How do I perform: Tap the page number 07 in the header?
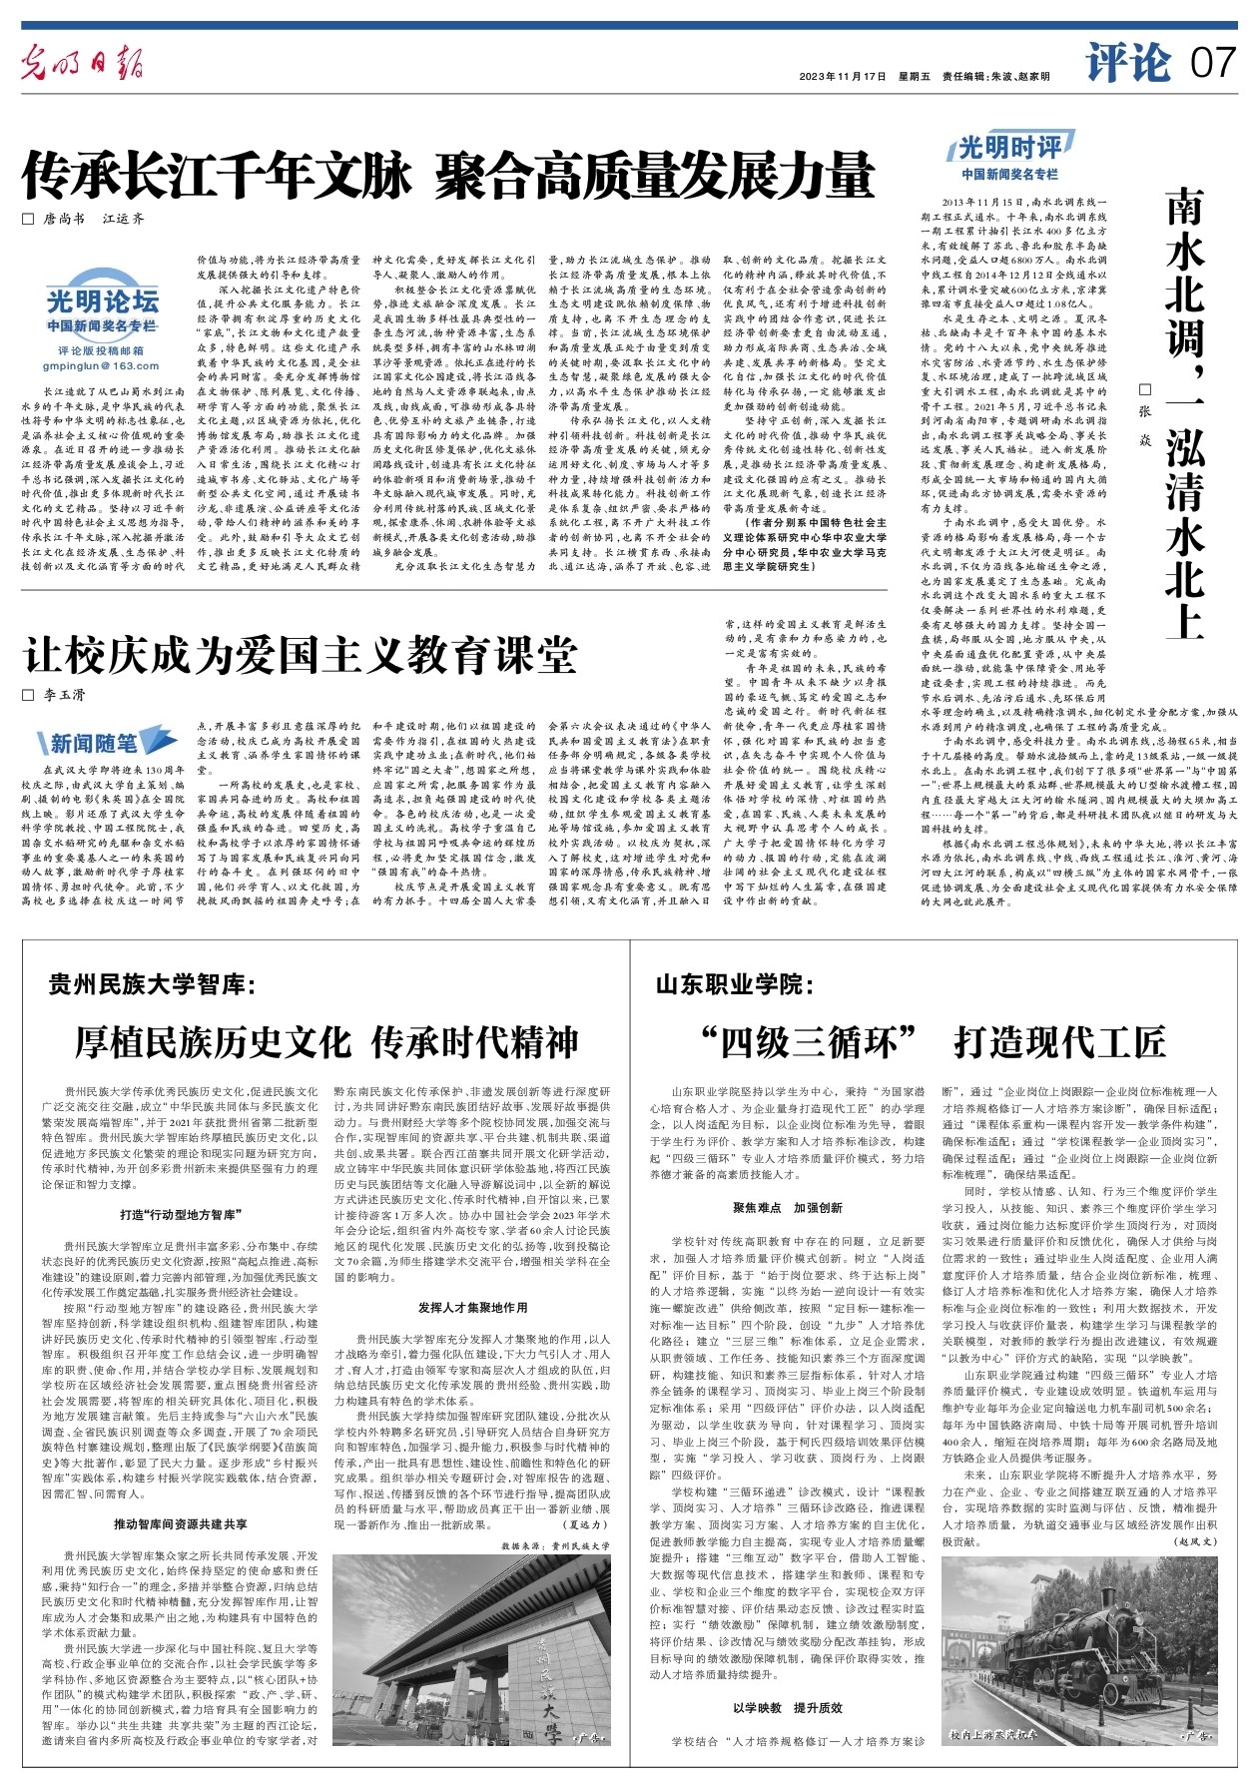tap(1212, 64)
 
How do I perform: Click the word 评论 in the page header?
tap(1128, 64)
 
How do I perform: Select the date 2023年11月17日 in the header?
tap(843, 77)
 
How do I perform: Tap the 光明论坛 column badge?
tap(102, 300)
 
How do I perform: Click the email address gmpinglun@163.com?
tap(102, 366)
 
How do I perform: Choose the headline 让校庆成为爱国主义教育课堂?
tap(301, 655)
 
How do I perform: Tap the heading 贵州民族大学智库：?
tap(152, 986)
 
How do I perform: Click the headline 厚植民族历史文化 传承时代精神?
tap(326, 1042)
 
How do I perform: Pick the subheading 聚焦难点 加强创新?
tap(787, 1208)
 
